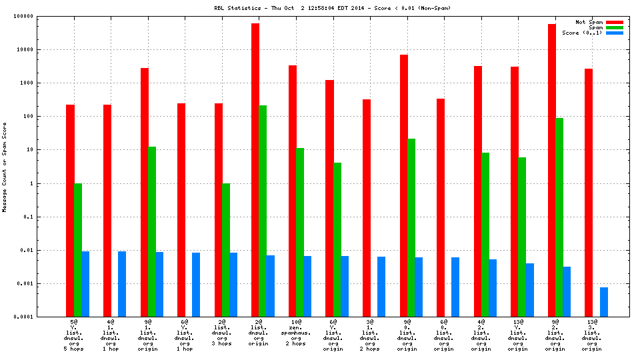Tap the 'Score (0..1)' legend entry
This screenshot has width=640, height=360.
click(x=582, y=33)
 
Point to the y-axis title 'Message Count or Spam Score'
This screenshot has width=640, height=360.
click(x=5, y=167)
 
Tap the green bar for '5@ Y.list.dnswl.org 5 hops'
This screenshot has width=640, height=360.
click(x=78, y=249)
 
